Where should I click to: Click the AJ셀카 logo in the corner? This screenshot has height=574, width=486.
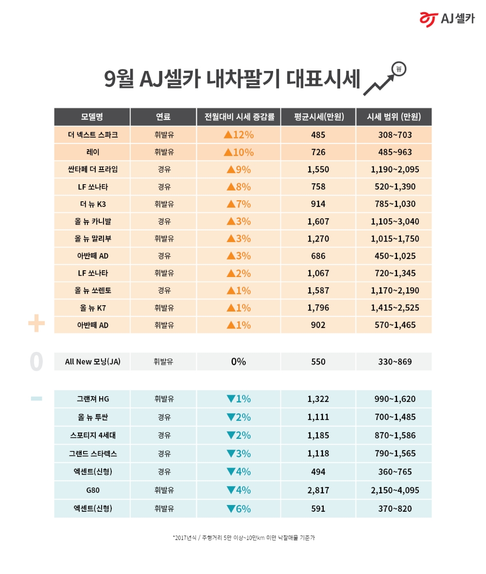click(x=447, y=19)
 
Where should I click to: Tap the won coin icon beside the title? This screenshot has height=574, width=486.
click(x=399, y=69)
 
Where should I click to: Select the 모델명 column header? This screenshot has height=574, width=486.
click(x=92, y=117)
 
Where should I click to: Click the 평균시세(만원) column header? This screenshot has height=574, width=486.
click(x=318, y=117)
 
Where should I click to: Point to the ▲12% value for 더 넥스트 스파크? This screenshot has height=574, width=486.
click(x=239, y=135)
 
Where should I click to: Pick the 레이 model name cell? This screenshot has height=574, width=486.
click(x=92, y=152)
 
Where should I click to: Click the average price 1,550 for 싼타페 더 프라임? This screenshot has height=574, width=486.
click(x=318, y=170)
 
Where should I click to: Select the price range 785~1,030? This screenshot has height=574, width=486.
click(x=394, y=204)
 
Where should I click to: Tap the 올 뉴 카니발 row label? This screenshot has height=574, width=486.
click(x=92, y=222)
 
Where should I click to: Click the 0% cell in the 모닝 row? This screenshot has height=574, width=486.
click(x=239, y=362)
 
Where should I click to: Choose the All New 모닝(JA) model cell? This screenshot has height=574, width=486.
click(x=92, y=362)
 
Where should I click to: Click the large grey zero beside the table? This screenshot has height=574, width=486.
click(x=36, y=362)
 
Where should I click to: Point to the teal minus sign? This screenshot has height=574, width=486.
click(x=36, y=399)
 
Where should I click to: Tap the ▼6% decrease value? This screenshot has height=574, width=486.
click(x=239, y=509)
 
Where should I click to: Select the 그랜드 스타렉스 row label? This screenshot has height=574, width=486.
click(x=92, y=453)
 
